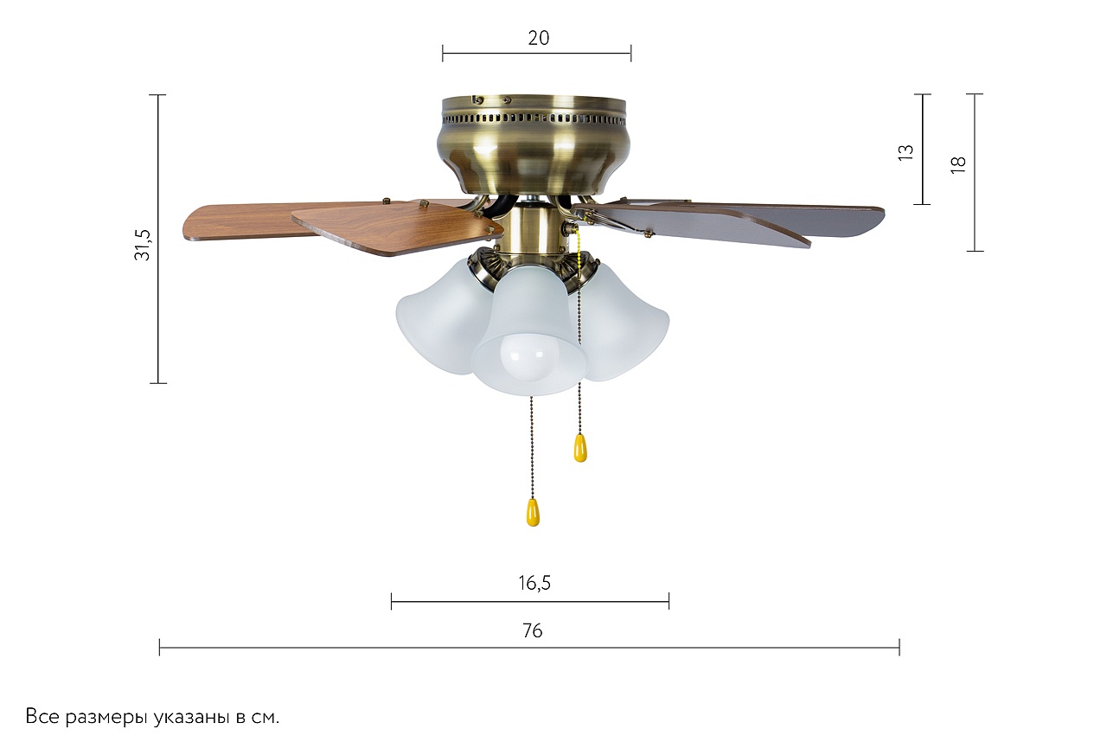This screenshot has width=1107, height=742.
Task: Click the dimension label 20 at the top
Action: click(538, 38)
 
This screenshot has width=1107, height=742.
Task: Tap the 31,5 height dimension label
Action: click(144, 245)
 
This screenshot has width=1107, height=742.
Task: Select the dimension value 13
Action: click(905, 153)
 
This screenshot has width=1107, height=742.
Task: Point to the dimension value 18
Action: click(958, 164)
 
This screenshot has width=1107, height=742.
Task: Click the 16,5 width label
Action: click(534, 584)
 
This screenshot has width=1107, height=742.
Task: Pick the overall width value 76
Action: click(532, 630)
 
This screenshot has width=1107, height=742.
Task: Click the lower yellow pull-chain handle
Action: click(533, 512)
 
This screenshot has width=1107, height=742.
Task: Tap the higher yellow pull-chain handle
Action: click(580, 448)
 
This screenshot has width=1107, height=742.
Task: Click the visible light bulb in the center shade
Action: click(529, 356)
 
